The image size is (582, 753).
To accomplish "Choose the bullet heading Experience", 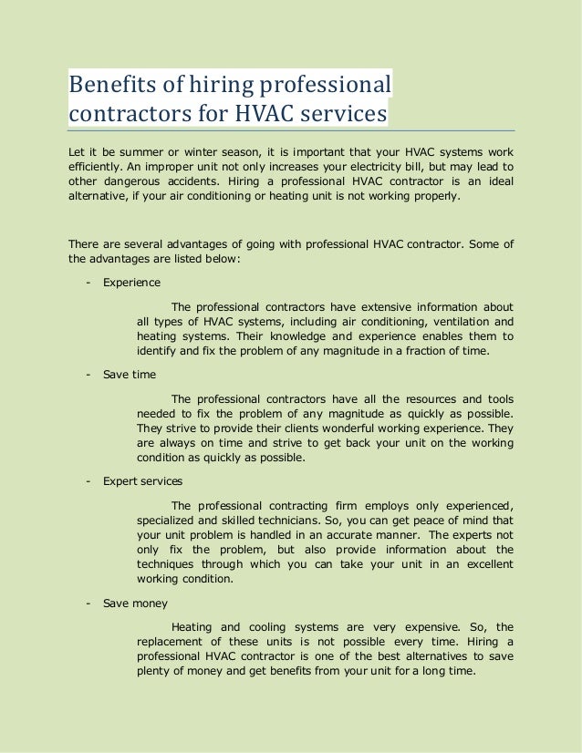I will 131,283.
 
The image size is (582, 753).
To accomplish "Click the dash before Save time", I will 88,375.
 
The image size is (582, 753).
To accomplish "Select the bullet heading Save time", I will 130,375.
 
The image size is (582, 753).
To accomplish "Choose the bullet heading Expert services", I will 142,481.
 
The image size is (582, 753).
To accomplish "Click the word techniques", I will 165,564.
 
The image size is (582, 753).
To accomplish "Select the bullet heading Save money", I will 135,603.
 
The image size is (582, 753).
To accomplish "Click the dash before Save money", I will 88,603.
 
